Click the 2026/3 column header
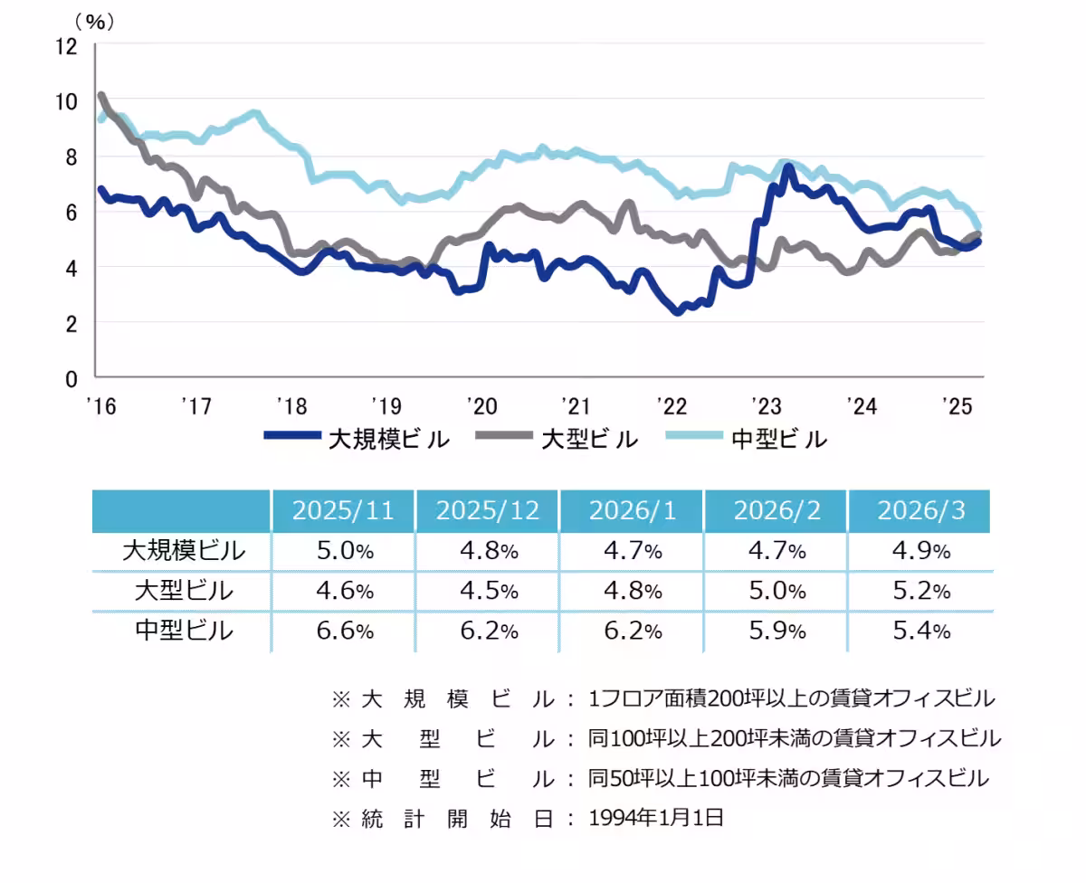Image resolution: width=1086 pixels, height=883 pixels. click(x=920, y=511)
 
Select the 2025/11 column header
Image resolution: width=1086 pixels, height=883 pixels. click(x=343, y=511)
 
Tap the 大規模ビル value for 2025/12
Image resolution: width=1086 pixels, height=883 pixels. click(x=488, y=551)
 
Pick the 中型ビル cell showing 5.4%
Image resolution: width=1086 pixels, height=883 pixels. click(x=920, y=631)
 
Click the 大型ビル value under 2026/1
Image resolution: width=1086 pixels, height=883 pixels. click(x=632, y=591)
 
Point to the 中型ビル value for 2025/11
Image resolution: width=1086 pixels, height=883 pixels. click(x=343, y=631)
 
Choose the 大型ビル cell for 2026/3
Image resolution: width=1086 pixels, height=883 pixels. click(x=920, y=591)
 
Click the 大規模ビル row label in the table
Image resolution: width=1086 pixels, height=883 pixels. click(x=183, y=551)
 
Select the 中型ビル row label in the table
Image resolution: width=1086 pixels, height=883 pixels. click(x=183, y=631)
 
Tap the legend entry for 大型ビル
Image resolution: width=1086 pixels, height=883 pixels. click(x=561, y=439)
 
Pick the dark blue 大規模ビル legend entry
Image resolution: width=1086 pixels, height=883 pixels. click(x=357, y=439)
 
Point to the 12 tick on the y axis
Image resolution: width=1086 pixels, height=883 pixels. click(x=67, y=45)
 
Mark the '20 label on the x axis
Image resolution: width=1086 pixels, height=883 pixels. click(x=480, y=405)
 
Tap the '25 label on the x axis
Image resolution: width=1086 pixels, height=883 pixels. click(x=954, y=405)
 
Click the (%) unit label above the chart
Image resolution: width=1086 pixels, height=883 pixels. click(x=94, y=23)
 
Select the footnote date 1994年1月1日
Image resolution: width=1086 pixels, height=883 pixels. click(x=656, y=819)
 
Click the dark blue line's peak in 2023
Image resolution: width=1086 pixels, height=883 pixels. click(x=788, y=167)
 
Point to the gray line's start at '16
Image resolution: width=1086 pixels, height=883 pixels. click(x=100, y=95)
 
